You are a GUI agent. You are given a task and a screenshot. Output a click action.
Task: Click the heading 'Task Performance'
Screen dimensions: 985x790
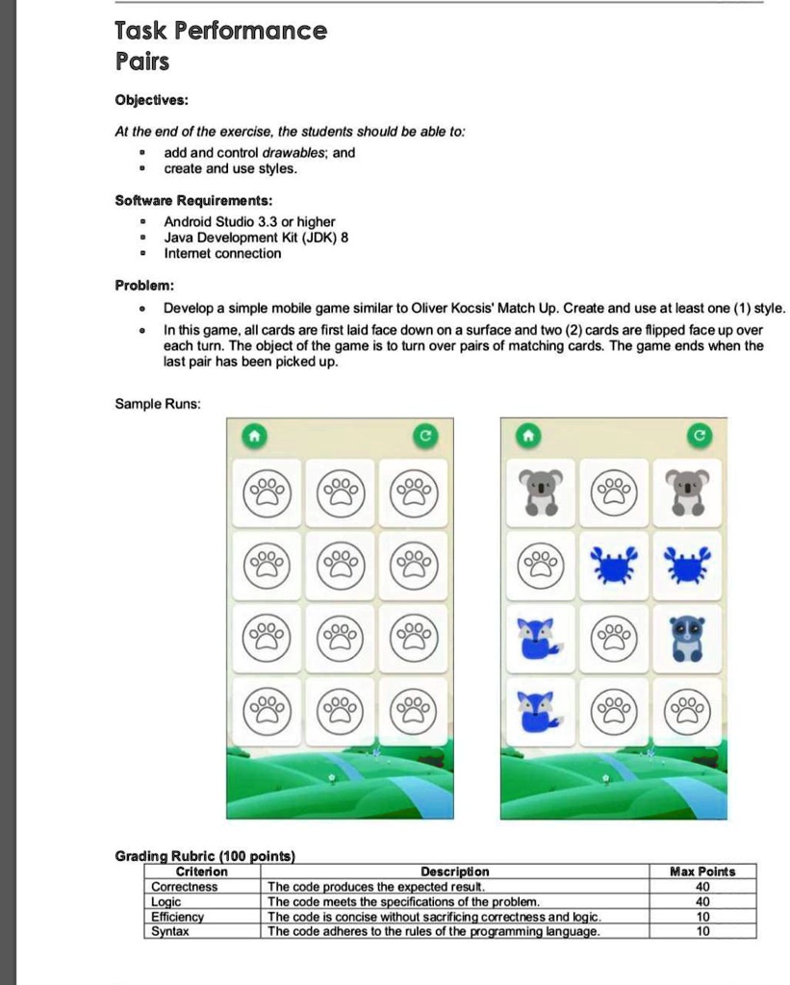[x=220, y=31]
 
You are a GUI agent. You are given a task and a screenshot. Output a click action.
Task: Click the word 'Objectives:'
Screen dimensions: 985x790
[x=151, y=100]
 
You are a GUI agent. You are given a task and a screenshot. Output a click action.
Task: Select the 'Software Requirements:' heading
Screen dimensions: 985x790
[x=193, y=200]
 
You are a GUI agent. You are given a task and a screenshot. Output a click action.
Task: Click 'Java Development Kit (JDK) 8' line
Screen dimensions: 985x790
[x=255, y=238]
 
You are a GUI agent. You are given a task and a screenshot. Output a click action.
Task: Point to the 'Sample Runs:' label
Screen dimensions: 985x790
[x=158, y=404]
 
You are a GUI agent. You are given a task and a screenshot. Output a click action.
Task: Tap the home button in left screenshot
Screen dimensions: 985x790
[x=253, y=437]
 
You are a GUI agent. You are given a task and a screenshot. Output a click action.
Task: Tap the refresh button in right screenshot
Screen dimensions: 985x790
[x=700, y=437]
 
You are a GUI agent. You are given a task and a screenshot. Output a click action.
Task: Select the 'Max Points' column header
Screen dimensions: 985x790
[x=701, y=871]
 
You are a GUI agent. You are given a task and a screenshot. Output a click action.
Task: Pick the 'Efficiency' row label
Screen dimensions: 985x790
[x=178, y=917]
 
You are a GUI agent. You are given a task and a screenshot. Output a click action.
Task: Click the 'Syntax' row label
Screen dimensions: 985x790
[x=170, y=931]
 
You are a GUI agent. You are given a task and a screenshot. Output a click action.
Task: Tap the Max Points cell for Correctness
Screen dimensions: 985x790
[x=701, y=887]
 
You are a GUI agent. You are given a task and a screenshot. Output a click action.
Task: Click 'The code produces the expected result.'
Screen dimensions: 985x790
[x=377, y=887]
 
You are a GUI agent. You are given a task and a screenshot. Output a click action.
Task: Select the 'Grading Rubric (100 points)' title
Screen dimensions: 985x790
[x=205, y=855]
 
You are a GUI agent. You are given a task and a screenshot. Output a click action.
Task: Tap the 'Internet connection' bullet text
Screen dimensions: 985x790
[x=222, y=254]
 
